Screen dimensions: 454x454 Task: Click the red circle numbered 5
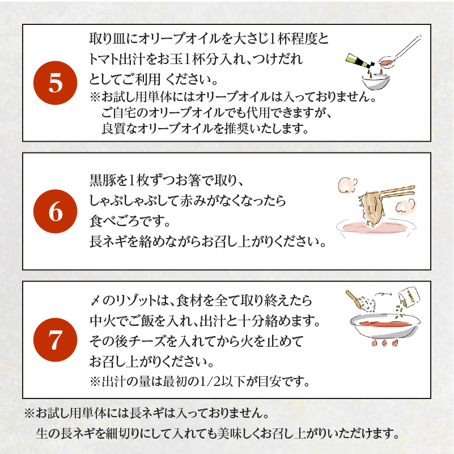[56, 83]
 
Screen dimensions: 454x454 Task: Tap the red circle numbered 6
[56, 211]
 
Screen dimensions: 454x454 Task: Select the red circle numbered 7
[56, 340]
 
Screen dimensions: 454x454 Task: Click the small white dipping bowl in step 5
[375, 82]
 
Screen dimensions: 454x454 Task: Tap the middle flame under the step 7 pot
[384, 343]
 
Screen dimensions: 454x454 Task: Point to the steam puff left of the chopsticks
[347, 185]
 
